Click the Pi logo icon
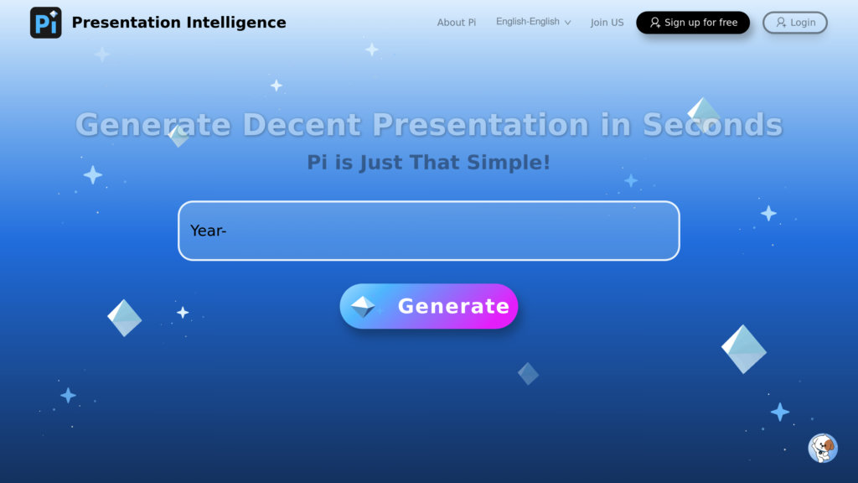point(45,23)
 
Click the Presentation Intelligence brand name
point(178,23)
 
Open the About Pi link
point(456,23)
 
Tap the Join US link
point(607,23)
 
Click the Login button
point(794,23)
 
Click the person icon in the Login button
point(781,23)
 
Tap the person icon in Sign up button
point(655,23)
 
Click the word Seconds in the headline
point(712,125)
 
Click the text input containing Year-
point(428,231)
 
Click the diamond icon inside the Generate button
point(363,306)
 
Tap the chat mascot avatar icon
point(823,448)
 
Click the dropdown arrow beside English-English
point(568,23)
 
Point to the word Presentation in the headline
point(480,125)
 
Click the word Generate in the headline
point(152,125)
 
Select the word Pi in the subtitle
point(317,162)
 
